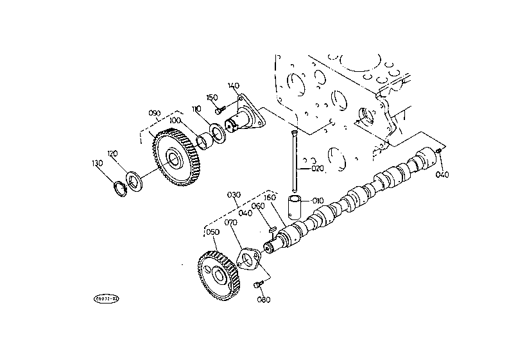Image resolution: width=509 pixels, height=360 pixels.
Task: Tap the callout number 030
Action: click(x=234, y=194)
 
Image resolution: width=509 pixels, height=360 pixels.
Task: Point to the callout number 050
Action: click(x=213, y=232)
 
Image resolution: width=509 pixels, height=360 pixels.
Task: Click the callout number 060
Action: click(x=258, y=206)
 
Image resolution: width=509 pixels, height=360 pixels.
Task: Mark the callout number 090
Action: click(x=154, y=113)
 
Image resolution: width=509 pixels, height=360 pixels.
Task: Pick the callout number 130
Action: click(x=97, y=163)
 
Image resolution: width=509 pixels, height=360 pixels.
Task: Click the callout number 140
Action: click(x=233, y=86)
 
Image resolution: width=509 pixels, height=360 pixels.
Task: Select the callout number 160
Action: click(x=270, y=198)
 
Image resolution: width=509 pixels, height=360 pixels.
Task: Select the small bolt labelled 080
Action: click(x=258, y=283)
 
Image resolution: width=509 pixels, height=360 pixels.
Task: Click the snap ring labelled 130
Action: click(x=119, y=190)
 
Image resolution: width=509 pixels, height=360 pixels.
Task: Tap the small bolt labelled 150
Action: click(x=218, y=110)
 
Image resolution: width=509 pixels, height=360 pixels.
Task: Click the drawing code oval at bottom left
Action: click(x=107, y=298)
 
